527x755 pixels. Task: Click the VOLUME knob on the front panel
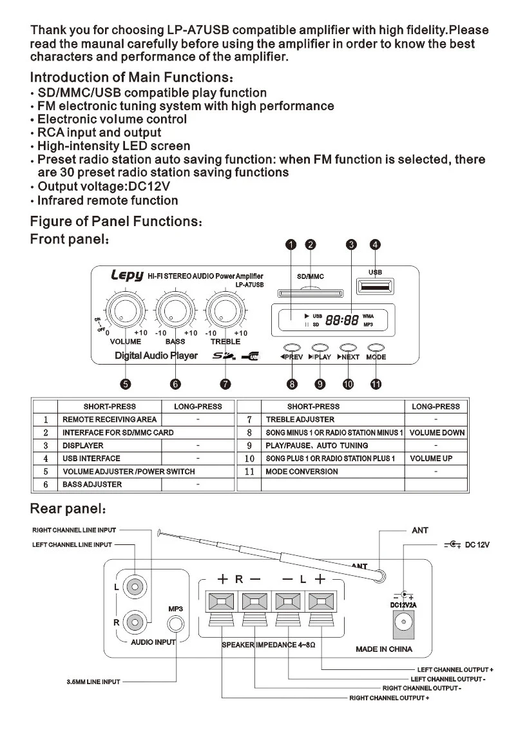click(x=126, y=312)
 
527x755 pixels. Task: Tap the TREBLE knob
click(x=224, y=312)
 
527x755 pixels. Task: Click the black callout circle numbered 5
click(x=126, y=385)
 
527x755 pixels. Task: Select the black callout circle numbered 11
click(x=376, y=385)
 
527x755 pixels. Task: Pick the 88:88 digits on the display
click(x=342, y=320)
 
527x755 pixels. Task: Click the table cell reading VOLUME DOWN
click(x=436, y=433)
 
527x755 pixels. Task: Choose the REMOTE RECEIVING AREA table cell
click(x=110, y=419)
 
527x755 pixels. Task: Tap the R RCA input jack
click(x=135, y=622)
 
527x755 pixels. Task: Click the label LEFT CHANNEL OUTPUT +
click(x=455, y=670)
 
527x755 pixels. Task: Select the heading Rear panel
click(x=67, y=509)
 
